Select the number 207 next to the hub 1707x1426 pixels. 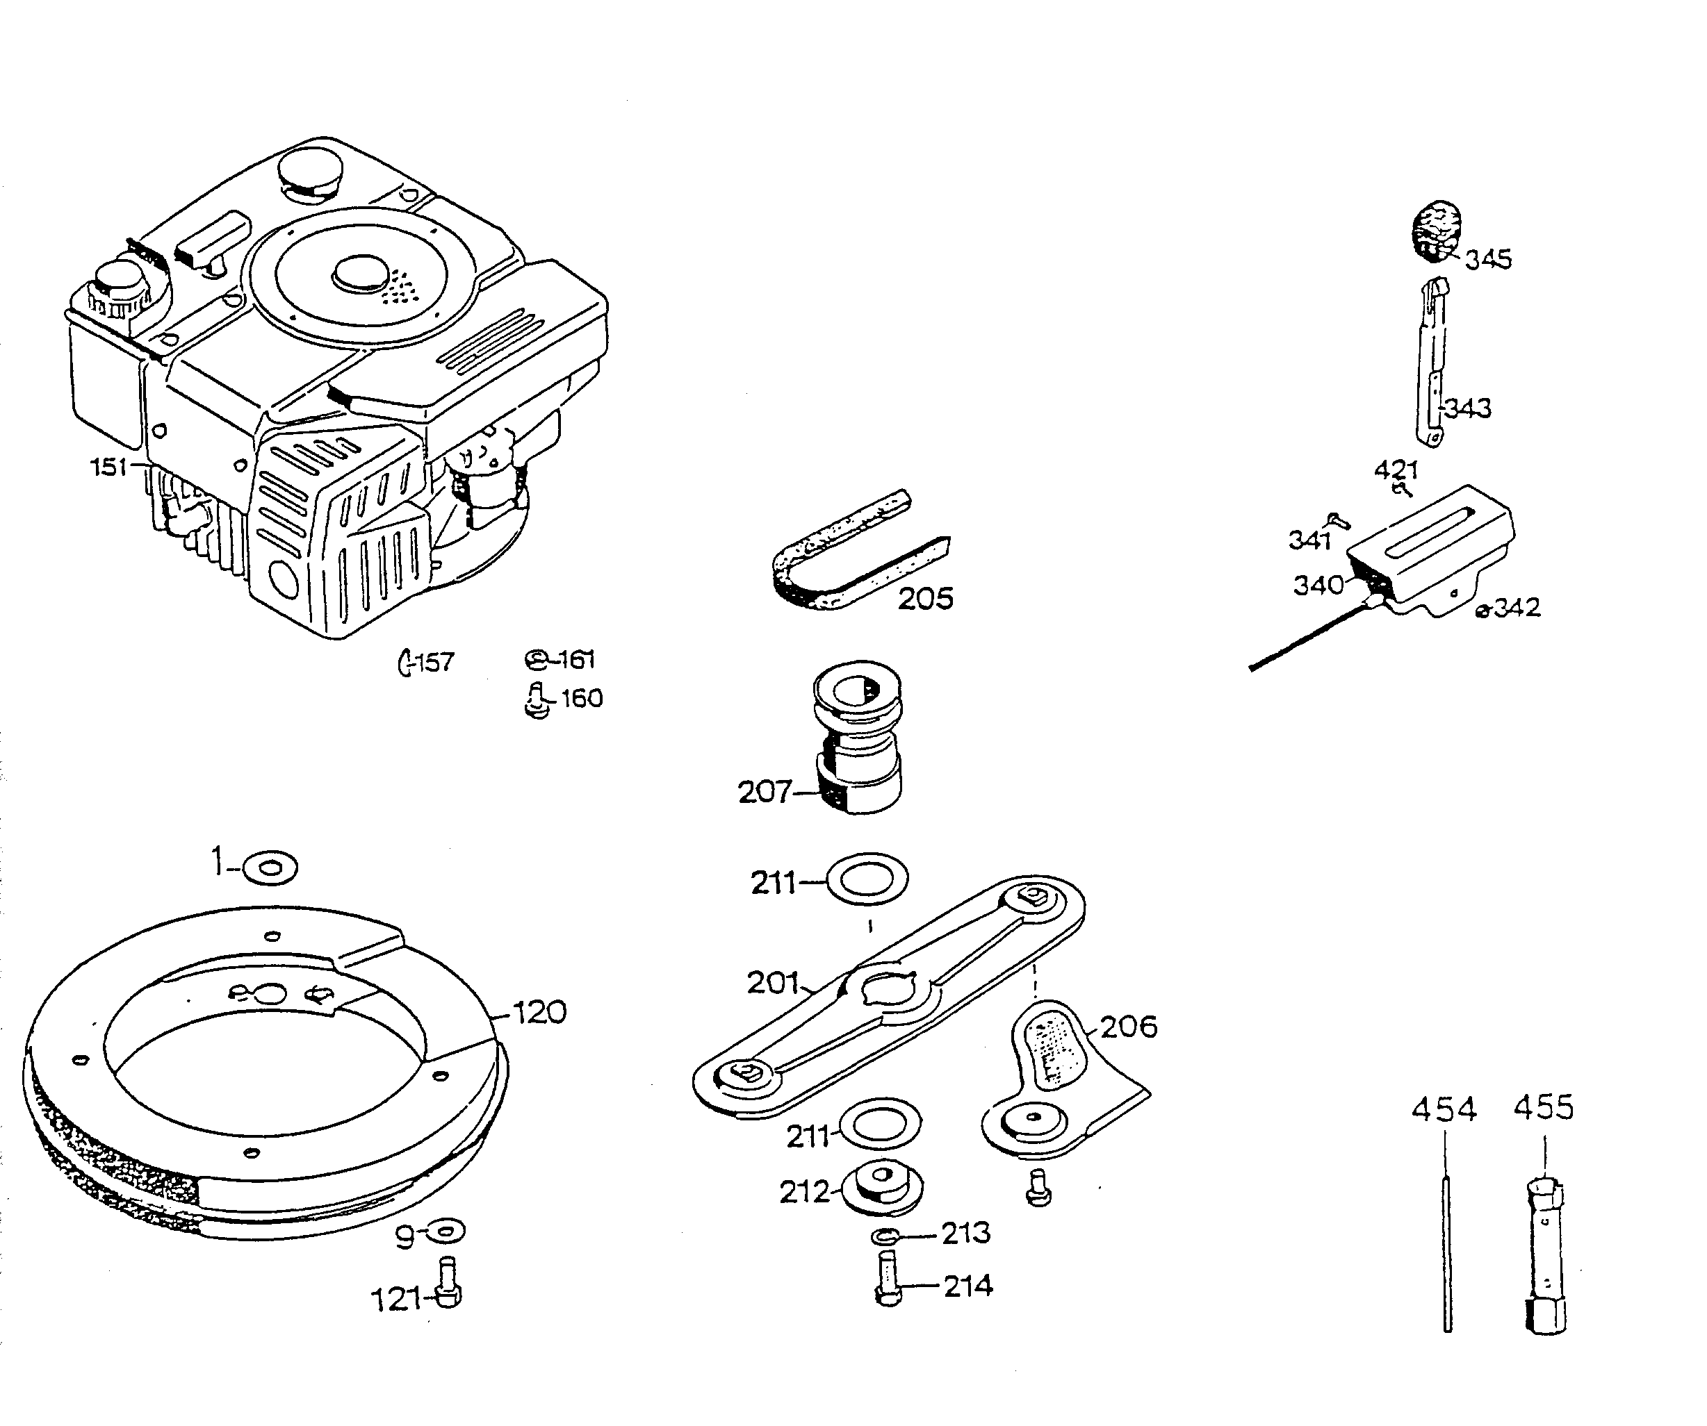point(763,791)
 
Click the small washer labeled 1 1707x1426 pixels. point(270,868)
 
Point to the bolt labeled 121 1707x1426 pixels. point(447,1284)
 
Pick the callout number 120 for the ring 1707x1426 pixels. point(540,1013)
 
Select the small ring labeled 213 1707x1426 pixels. point(884,1236)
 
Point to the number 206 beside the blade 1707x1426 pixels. point(1128,1026)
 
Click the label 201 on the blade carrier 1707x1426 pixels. point(773,983)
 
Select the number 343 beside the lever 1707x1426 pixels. point(1469,408)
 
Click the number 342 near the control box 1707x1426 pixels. point(1517,608)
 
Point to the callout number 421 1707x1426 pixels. point(1396,470)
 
